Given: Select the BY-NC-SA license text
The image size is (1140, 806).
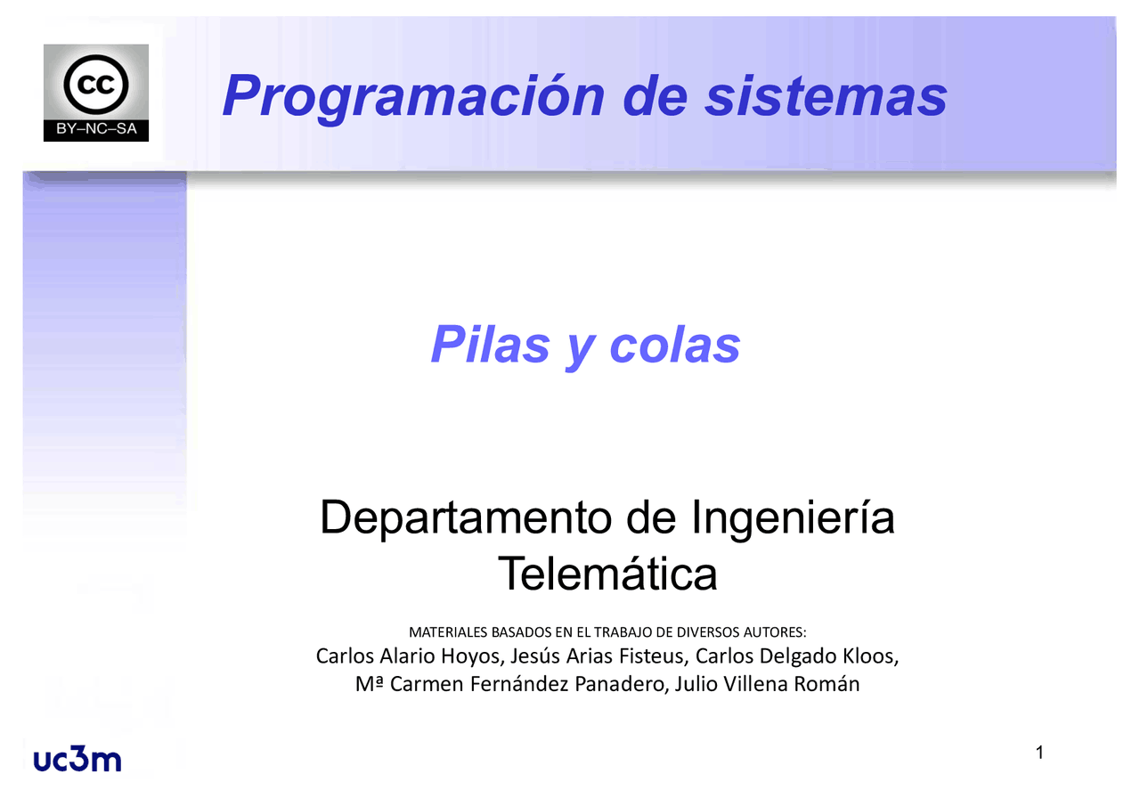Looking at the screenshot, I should pos(96,130).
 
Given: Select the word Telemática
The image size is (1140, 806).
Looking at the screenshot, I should pos(607,574).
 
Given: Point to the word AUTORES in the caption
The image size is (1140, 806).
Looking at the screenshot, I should pos(774,632).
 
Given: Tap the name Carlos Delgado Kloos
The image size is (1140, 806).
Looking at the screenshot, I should pos(796,657).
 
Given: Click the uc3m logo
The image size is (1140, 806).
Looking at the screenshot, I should pos(77,760).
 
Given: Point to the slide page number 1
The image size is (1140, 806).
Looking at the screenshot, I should pos(1039,754).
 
